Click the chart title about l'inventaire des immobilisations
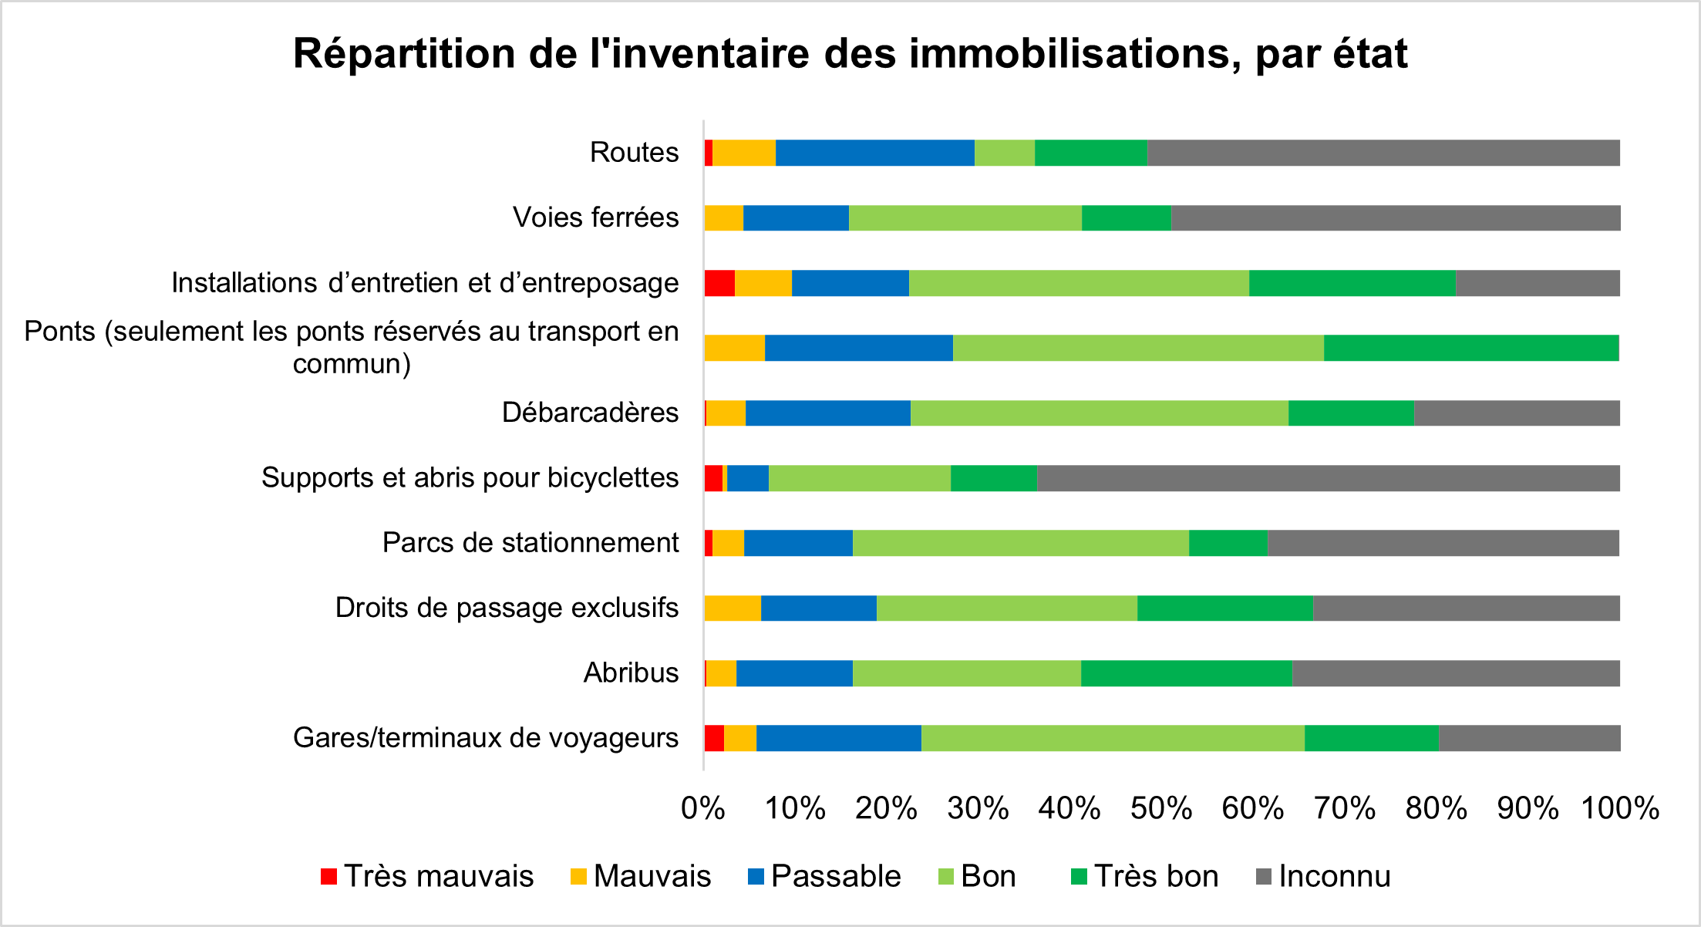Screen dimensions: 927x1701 pos(850,54)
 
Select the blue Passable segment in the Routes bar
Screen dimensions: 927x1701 pos(874,153)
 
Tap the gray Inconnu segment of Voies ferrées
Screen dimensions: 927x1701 pos(1395,218)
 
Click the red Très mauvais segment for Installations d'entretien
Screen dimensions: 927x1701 pos(719,283)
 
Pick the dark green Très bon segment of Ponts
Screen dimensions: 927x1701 pos(1470,349)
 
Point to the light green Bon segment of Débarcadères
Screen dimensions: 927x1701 pos(1099,413)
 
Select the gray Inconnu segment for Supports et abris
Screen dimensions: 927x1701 pos(1328,478)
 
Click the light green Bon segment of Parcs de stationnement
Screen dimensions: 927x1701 pos(1020,543)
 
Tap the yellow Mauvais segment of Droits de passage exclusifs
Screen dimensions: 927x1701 pos(732,608)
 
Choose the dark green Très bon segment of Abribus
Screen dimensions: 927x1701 pos(1186,673)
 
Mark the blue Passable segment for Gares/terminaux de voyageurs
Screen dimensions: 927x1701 pos(838,738)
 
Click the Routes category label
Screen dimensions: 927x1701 pos(634,153)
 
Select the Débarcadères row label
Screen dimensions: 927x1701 pos(590,413)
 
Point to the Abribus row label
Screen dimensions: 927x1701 pos(631,672)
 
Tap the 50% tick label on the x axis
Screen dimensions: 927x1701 pos(1161,808)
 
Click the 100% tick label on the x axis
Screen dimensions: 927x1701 pos(1620,808)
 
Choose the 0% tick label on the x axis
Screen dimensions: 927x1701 pos(702,808)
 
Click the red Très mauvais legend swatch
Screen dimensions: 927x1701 pos(328,877)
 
